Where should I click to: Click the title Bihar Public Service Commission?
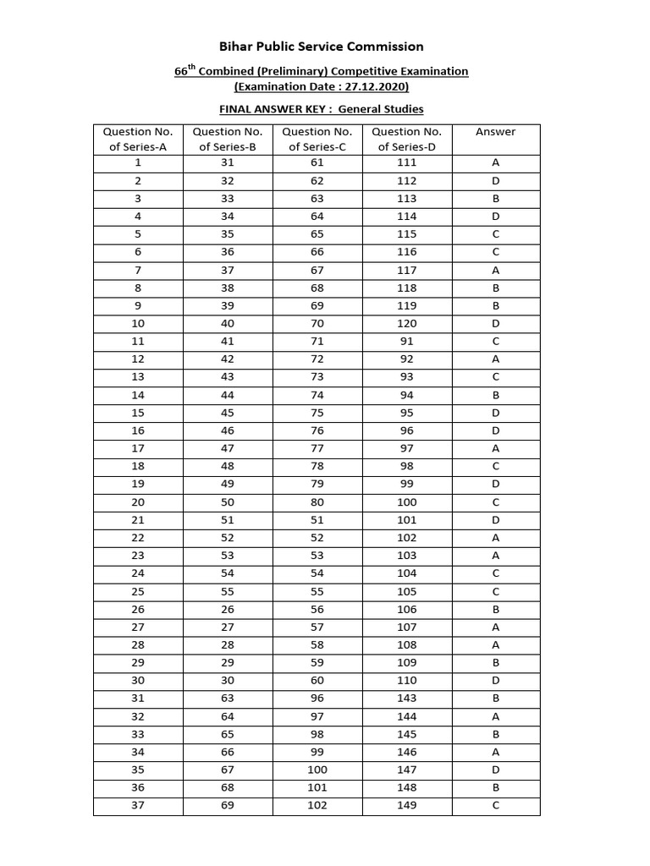(x=321, y=47)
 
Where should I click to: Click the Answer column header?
(x=495, y=132)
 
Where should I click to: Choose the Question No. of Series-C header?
(x=317, y=139)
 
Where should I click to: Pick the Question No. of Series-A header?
(x=138, y=139)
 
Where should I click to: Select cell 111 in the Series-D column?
(x=406, y=163)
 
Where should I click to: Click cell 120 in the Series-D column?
(x=406, y=323)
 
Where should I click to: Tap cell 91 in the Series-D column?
(x=406, y=342)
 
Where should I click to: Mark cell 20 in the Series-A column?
(x=138, y=502)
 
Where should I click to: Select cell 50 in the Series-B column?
(x=228, y=502)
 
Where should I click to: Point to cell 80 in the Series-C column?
(x=317, y=502)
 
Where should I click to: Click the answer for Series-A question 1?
(x=495, y=163)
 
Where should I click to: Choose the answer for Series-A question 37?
(x=495, y=805)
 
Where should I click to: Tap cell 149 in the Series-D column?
(x=406, y=805)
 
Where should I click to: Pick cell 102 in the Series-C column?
(x=317, y=805)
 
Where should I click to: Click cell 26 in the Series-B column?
(x=228, y=609)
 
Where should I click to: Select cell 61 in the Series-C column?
(x=317, y=163)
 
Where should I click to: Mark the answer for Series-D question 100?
(x=495, y=502)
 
